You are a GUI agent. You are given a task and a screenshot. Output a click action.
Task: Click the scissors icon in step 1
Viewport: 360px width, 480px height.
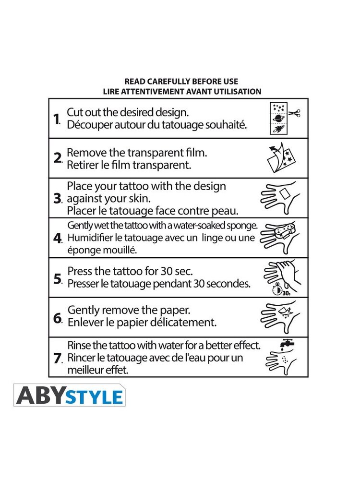294,113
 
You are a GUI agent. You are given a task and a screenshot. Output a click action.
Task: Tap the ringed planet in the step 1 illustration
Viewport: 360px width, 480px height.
278,118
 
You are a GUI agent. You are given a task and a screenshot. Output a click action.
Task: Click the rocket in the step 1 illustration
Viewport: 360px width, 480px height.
278,129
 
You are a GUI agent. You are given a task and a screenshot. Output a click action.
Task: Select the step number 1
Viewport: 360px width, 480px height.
56,119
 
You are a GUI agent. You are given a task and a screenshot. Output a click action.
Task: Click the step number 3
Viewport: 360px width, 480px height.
57,198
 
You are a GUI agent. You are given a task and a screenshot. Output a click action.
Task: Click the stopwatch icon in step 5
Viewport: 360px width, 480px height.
277,288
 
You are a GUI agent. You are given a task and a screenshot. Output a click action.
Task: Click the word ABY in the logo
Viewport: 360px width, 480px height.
41,396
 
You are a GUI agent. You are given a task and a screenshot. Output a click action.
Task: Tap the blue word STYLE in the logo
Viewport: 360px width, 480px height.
94,397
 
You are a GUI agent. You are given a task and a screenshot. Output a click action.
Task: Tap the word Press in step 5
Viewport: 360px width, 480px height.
80,271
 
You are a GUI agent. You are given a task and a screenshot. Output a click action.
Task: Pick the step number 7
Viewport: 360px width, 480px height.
57,358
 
